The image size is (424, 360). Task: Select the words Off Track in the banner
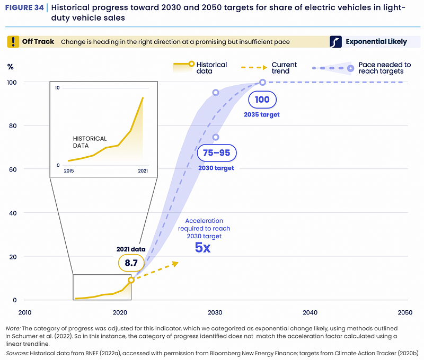(x=38, y=41)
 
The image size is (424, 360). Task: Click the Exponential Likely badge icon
(x=335, y=41)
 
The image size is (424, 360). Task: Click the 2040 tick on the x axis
(x=310, y=312)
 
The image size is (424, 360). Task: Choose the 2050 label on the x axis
(x=405, y=312)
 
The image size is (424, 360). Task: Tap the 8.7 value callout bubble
(x=131, y=262)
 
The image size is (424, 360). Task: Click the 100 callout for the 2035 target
(x=262, y=100)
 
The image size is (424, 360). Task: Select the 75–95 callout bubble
(x=216, y=153)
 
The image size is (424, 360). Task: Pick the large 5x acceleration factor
(x=203, y=247)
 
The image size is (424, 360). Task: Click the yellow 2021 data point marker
(x=131, y=280)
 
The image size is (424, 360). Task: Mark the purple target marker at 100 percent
(x=262, y=82)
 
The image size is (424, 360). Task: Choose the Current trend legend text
(x=284, y=68)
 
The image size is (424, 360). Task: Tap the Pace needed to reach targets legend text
(x=381, y=68)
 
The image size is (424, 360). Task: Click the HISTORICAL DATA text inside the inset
(x=90, y=142)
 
